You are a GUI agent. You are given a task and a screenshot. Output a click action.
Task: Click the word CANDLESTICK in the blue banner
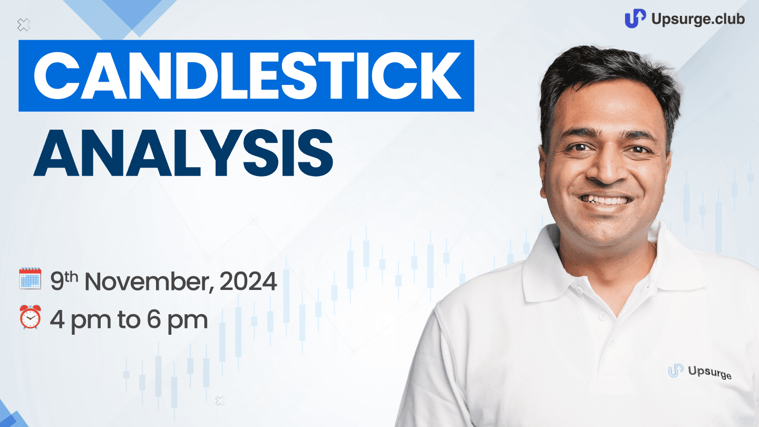(x=247, y=75)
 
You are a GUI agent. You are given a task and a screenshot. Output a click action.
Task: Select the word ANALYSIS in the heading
(x=183, y=153)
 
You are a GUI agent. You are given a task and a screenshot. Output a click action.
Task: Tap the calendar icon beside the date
(x=30, y=278)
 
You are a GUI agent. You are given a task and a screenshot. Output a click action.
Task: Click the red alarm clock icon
(x=30, y=317)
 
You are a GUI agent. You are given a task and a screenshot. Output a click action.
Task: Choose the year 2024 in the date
(x=248, y=282)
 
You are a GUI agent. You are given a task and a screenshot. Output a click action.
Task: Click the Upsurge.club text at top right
(x=698, y=19)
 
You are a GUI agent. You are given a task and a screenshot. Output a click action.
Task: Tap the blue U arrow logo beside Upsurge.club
(x=635, y=18)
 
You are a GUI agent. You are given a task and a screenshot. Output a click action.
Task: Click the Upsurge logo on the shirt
(x=699, y=372)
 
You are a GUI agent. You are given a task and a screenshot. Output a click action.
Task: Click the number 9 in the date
(x=57, y=282)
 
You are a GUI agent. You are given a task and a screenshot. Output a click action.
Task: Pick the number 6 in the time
(x=153, y=319)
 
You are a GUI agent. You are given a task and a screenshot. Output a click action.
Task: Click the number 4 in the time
(x=57, y=319)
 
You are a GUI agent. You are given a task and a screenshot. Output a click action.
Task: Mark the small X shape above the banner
(x=24, y=25)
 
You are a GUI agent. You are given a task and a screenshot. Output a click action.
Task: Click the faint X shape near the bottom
(x=220, y=401)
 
